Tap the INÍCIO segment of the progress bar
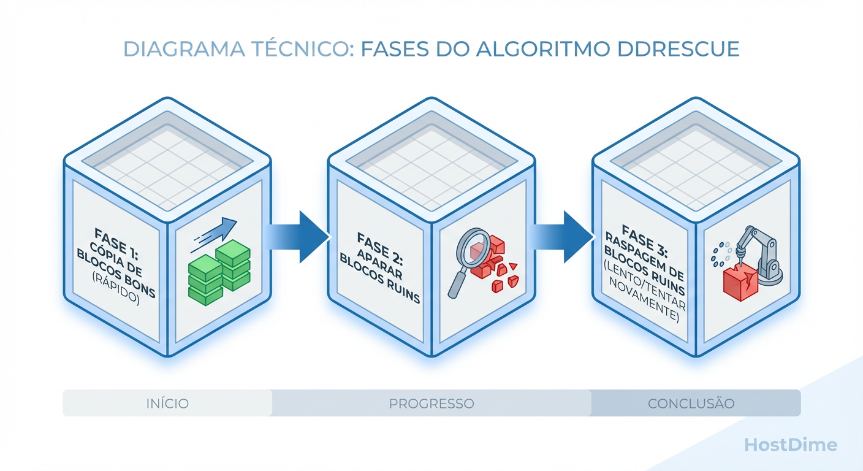point(167,404)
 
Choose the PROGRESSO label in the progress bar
point(431,404)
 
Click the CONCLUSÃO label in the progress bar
point(691,404)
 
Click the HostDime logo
point(790,445)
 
